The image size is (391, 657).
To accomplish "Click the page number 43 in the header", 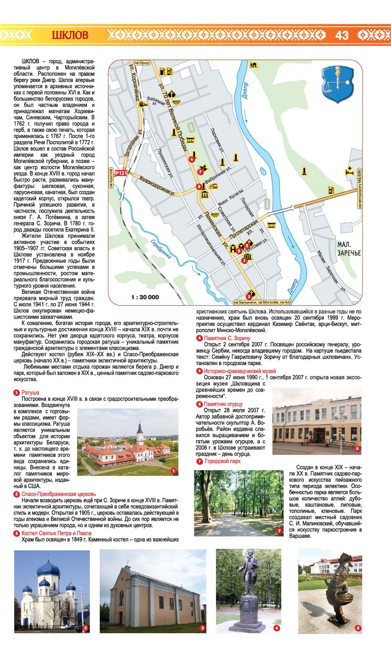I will [342, 35].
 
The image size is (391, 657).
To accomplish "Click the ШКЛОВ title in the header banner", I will [70, 35].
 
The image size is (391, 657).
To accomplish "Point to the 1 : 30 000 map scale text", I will [145, 297].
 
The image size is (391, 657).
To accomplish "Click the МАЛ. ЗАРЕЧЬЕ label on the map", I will [349, 249].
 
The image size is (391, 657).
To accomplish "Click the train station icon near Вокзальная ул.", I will [143, 104].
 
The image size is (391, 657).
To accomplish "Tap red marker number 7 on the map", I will [200, 172].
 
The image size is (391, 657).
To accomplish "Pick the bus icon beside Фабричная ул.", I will [213, 186].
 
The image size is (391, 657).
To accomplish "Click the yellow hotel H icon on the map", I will [233, 249].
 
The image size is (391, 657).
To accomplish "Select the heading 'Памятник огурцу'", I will [223, 404].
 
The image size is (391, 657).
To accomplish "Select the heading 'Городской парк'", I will [223, 461].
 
